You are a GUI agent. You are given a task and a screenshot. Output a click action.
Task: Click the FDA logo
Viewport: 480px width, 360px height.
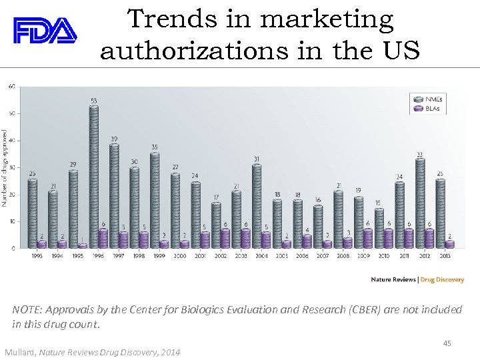click(45, 31)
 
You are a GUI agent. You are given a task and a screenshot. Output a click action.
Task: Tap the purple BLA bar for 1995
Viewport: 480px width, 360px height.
click(83, 246)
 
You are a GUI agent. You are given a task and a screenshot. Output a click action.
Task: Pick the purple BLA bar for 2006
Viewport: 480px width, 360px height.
click(307, 241)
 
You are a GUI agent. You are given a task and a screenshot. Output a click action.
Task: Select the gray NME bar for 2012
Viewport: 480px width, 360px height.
click(420, 203)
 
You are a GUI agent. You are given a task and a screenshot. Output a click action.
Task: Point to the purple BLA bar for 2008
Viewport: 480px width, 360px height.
click(348, 243)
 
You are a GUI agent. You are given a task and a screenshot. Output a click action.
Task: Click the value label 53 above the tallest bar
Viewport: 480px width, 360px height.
click(94, 101)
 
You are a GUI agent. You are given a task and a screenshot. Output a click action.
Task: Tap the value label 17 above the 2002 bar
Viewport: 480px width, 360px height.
click(216, 197)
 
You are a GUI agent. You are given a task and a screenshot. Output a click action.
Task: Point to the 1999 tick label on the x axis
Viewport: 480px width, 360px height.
click(160, 255)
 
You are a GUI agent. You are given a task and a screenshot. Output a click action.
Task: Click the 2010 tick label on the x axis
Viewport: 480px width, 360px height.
click(384, 255)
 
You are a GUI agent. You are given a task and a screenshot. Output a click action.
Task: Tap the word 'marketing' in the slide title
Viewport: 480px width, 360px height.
click(327, 20)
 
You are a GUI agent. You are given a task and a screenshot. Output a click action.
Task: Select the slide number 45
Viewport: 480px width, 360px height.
click(447, 343)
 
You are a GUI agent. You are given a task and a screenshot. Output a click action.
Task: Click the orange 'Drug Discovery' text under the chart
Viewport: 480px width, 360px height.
click(442, 279)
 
